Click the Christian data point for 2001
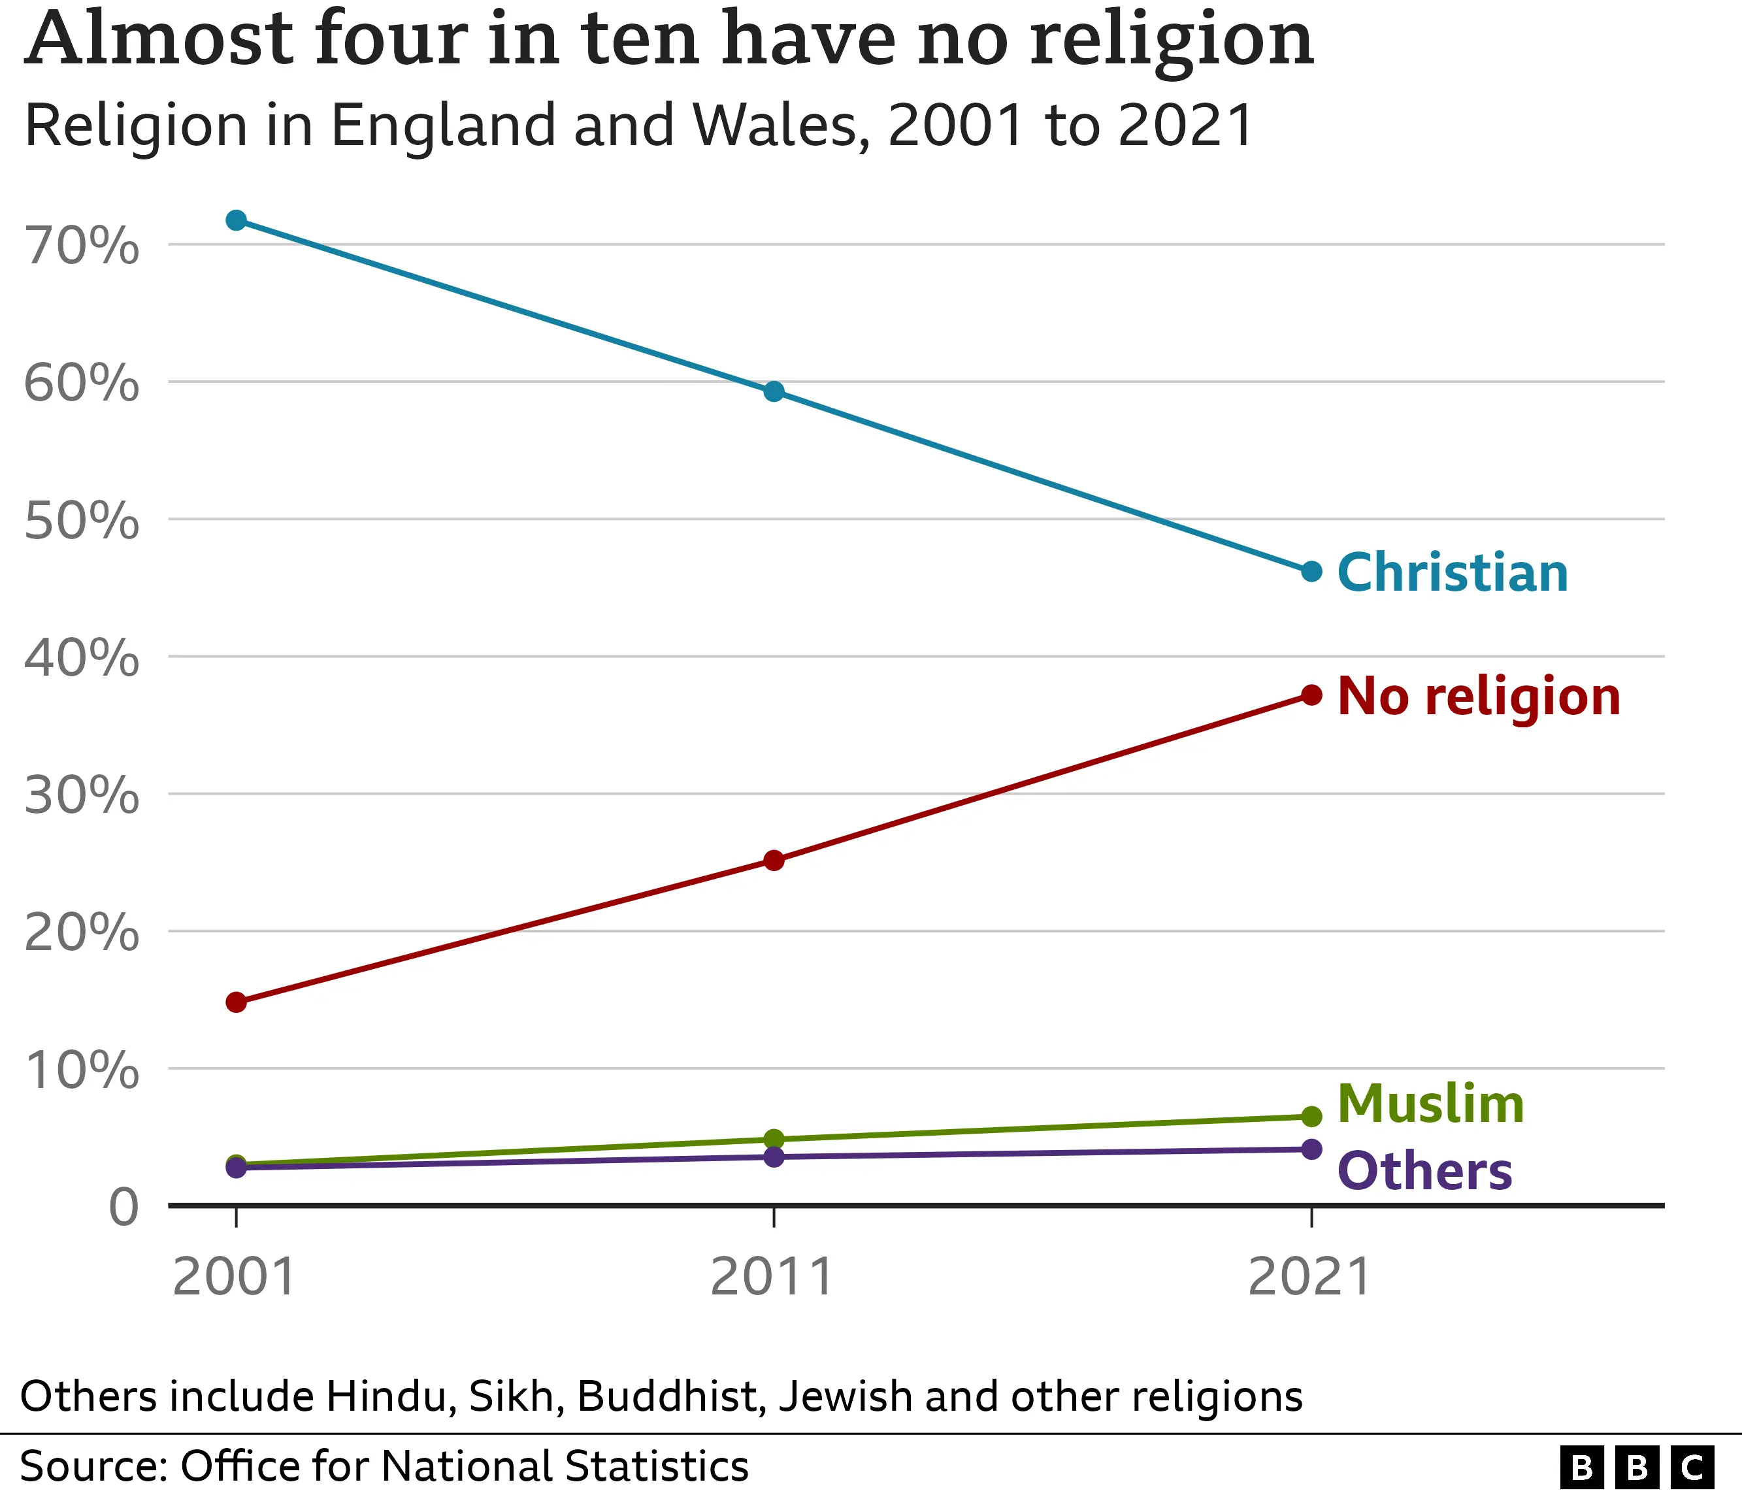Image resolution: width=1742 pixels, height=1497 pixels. click(237, 220)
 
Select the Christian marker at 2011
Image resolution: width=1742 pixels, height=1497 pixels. click(774, 391)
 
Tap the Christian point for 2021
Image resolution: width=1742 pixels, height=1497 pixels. click(1311, 572)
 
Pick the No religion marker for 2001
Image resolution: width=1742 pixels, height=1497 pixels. click(237, 1002)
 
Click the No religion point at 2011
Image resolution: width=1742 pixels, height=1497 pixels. click(774, 860)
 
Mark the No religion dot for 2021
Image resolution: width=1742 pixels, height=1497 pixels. click(1311, 695)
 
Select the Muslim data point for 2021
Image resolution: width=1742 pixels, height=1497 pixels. click(1311, 1116)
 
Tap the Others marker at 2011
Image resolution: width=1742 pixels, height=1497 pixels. click(774, 1157)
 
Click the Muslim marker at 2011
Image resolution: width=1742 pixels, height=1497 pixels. click(774, 1139)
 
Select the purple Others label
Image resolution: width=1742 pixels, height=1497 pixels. click(1424, 1171)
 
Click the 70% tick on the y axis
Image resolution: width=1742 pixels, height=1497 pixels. click(82, 246)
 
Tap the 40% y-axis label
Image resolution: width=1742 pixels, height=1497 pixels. click(82, 657)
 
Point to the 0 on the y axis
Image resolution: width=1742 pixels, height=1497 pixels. click(123, 1208)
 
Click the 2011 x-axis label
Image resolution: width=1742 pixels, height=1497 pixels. click(772, 1277)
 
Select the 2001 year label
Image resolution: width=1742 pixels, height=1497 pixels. click(234, 1277)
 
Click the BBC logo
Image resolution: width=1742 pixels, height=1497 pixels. click(1636, 1468)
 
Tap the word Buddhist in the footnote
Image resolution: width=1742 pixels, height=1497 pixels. click(672, 1396)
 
